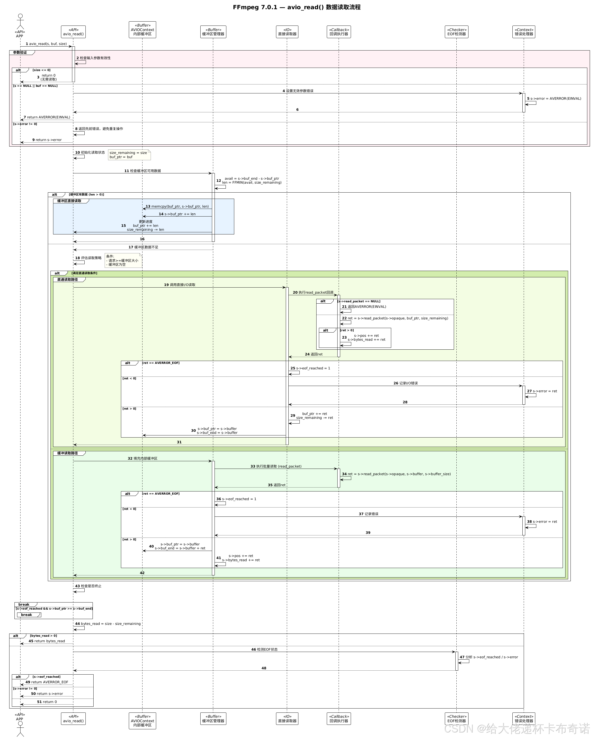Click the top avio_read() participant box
(x=73, y=32)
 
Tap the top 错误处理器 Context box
(x=524, y=32)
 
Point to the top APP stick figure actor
(x=20, y=22)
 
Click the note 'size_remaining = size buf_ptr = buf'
(x=129, y=155)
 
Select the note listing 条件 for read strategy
(x=123, y=260)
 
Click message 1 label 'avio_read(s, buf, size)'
(x=48, y=44)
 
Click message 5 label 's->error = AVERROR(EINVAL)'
(x=556, y=99)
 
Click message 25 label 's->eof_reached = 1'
(x=313, y=368)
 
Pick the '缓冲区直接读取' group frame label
(x=69, y=201)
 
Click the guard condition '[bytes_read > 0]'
(x=43, y=636)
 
